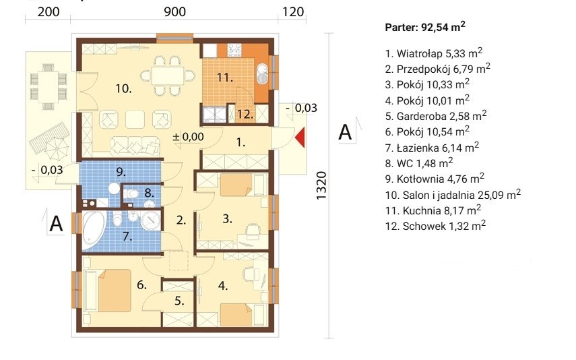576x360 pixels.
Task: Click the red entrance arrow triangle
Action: click(x=301, y=137)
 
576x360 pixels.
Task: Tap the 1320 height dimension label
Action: click(x=321, y=185)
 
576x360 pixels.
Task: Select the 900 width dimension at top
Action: click(x=174, y=11)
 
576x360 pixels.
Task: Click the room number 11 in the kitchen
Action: click(x=224, y=78)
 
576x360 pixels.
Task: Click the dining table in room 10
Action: click(x=168, y=76)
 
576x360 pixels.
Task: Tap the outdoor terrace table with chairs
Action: click(x=48, y=87)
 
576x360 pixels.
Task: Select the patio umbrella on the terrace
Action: click(x=56, y=147)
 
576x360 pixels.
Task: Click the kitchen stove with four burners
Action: click(x=234, y=49)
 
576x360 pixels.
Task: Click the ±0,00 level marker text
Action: click(x=188, y=137)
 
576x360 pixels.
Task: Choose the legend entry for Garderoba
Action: click(x=436, y=116)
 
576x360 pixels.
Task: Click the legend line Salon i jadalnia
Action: click(x=453, y=195)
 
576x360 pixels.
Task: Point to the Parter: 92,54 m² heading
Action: click(x=425, y=27)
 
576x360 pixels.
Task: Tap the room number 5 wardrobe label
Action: click(x=179, y=301)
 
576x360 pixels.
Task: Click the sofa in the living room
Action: click(x=135, y=145)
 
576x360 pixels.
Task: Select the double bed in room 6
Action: click(x=107, y=291)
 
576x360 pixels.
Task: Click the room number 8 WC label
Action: click(x=149, y=192)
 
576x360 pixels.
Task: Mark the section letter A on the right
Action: click(x=345, y=131)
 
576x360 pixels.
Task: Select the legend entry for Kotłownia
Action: click(x=435, y=179)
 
